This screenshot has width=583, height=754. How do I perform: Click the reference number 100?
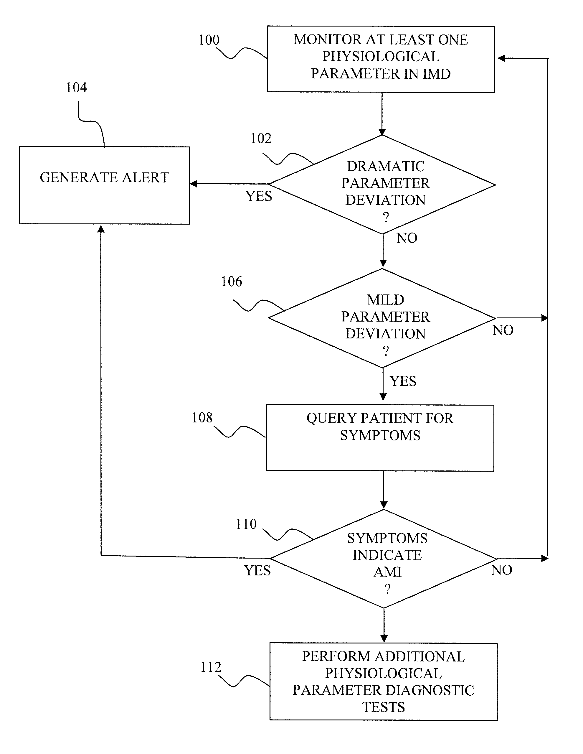pos(209,40)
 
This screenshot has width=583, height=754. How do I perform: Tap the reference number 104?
pos(76,88)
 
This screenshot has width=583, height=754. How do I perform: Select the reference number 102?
pos(261,139)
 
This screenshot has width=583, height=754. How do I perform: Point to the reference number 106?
pos(232,282)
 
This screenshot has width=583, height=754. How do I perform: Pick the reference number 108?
pos(202,418)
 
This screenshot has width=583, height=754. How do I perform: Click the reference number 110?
pos(246,524)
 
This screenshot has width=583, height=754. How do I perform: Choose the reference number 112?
pos(210,667)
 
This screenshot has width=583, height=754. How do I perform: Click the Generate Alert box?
pos(104,185)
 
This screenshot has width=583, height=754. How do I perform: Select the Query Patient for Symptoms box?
pos(380,438)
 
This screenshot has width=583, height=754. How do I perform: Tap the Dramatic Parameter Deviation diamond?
pos(382,184)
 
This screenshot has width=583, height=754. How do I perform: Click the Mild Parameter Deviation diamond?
pos(382,318)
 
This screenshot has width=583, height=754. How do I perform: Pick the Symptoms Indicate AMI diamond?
pos(384,559)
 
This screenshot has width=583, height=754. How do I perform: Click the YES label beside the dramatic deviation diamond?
pos(259,196)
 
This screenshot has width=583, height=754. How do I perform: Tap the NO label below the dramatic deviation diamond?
pos(407,238)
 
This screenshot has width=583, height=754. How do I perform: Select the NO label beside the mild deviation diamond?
pos(503,330)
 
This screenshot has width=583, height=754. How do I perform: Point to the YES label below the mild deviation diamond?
pos(403,381)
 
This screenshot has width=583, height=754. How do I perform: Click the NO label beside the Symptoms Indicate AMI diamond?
pos(502,570)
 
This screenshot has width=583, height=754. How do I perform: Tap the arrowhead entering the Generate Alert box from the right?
pos(194,184)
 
